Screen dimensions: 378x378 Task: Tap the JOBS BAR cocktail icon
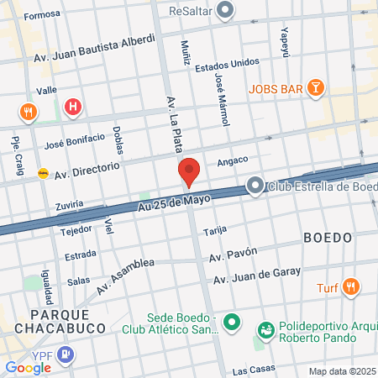[x=314, y=87]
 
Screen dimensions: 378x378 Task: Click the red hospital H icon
[x=74, y=107]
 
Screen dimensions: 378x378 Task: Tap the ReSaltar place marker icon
[x=225, y=11]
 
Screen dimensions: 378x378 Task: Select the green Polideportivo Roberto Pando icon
[x=266, y=329]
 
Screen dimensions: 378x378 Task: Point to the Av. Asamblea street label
[x=125, y=276]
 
